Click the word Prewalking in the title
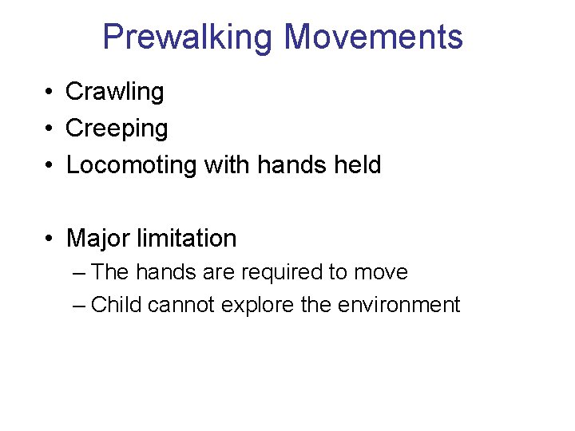click(x=188, y=38)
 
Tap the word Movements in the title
click(x=373, y=38)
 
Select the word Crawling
click(x=114, y=93)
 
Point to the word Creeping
click(x=117, y=129)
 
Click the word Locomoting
click(x=132, y=165)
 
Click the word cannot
click(x=180, y=305)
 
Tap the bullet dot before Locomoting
click(x=49, y=166)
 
